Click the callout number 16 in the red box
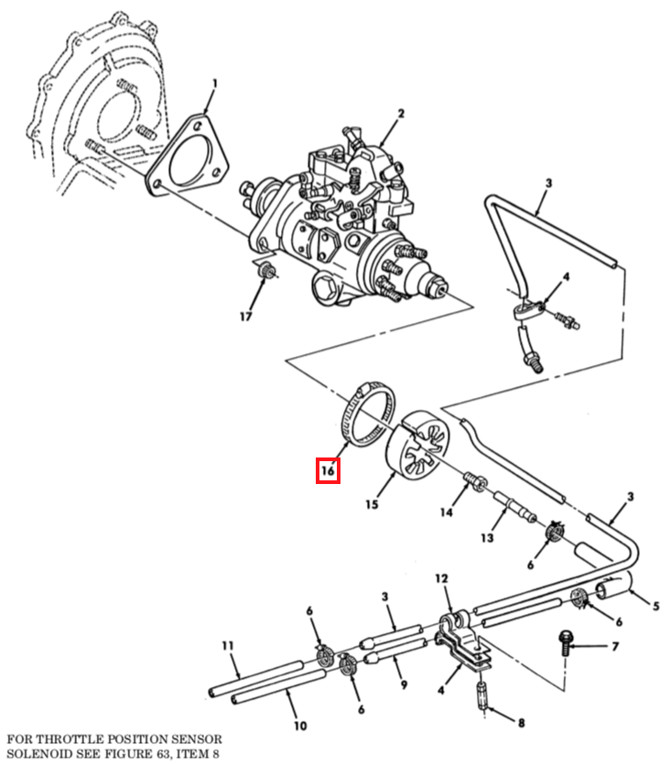tap(328, 470)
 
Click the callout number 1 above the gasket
tap(214, 84)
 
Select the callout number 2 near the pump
tap(401, 113)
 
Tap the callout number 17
tap(245, 317)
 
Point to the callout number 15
tap(372, 504)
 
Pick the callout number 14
tap(446, 512)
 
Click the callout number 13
tap(487, 538)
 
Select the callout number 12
tap(441, 578)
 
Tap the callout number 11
tap(228, 646)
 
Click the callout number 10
tap(300, 726)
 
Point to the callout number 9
tap(404, 684)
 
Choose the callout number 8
tap(522, 723)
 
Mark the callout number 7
tap(615, 646)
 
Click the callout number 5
tap(656, 606)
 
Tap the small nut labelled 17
tap(265, 271)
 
